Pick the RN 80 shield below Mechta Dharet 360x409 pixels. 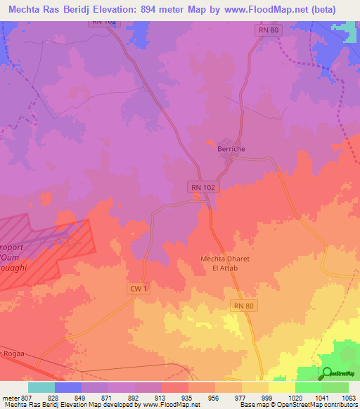point(243,305)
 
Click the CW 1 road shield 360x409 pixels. point(139,288)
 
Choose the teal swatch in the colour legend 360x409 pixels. point(41,387)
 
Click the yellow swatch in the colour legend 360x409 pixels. point(281,387)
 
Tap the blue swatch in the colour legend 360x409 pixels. point(67,387)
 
